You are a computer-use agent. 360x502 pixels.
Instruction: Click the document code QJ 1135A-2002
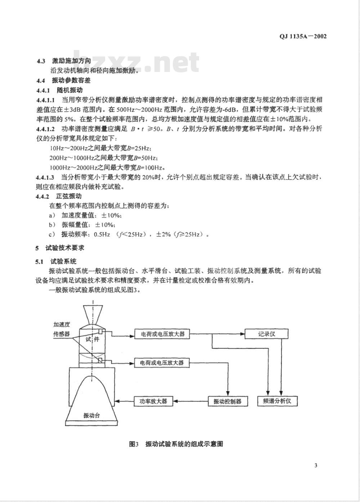[303, 36]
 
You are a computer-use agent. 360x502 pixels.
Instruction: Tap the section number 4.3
[41, 61]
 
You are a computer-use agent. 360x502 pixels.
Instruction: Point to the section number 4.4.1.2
[45, 129]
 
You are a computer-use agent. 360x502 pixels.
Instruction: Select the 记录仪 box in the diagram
[266, 334]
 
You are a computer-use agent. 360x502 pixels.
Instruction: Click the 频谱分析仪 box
[277, 401]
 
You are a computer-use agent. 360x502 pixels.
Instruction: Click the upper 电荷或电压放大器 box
[162, 334]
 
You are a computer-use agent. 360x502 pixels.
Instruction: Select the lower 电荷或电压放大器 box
[162, 363]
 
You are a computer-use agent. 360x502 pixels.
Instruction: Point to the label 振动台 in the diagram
[91, 415]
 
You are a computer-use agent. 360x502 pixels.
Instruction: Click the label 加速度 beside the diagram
[62, 324]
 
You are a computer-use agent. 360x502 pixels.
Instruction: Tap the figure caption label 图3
[134, 444]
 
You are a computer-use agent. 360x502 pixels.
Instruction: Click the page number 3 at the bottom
[316, 466]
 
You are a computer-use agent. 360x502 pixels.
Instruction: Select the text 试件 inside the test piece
[92, 339]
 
